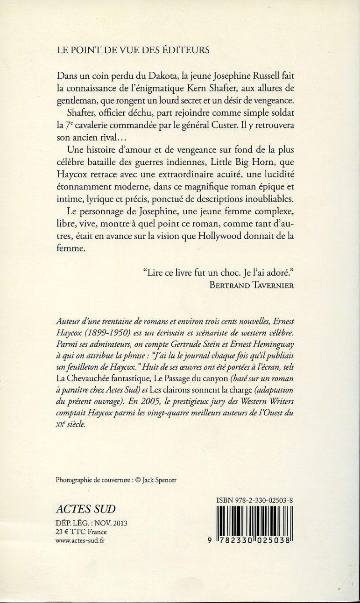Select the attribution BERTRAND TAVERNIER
(253, 286)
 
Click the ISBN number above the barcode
(255, 500)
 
